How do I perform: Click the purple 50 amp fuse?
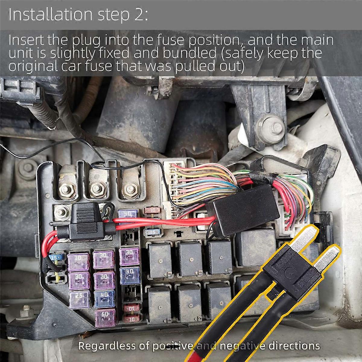[105, 318]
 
